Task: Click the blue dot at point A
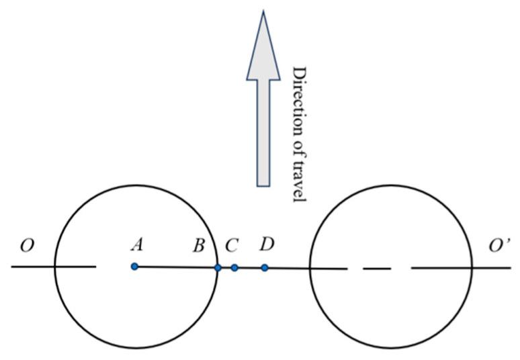(x=134, y=267)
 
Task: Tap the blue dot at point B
(x=218, y=268)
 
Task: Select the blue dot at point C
(x=234, y=268)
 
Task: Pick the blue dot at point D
(x=265, y=268)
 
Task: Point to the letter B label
(x=199, y=246)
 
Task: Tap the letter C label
(x=232, y=246)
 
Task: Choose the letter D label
(x=267, y=243)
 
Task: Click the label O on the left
(x=27, y=246)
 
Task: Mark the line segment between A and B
(x=176, y=267)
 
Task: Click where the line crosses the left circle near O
(x=54, y=267)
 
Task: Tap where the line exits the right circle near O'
(x=472, y=268)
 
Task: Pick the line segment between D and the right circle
(x=288, y=269)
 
